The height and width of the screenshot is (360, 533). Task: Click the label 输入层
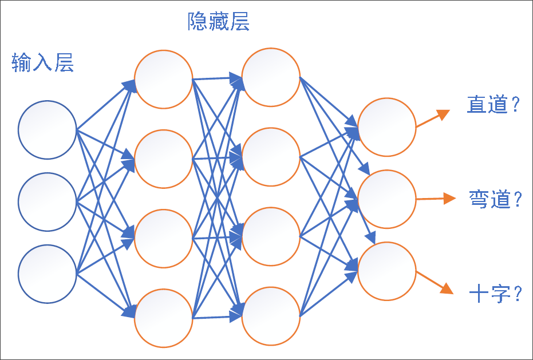[x=43, y=63]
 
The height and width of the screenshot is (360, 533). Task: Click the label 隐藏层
[x=219, y=23]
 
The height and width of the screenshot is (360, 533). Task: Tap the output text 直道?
[x=493, y=105]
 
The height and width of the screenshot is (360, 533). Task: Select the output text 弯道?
[x=495, y=199]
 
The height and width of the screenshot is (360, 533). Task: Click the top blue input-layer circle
[x=47, y=130]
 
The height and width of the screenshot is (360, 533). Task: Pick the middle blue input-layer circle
[x=47, y=202]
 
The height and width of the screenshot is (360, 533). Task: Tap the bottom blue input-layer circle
[x=47, y=274]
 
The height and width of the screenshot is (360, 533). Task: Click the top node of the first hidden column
[x=163, y=79]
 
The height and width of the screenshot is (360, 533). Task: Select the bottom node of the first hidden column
[x=163, y=318]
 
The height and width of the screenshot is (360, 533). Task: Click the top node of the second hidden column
[x=271, y=77]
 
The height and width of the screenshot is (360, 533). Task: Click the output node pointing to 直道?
[x=387, y=127]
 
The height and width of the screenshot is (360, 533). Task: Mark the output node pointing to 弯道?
[x=387, y=199]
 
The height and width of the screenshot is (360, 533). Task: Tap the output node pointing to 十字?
[x=387, y=271]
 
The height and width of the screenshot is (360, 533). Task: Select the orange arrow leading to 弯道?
[x=436, y=199]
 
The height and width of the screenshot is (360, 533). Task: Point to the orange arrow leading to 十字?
[x=435, y=282]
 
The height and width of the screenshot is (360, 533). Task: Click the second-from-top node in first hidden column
[x=163, y=159]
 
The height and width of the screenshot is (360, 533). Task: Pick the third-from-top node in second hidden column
[x=271, y=236]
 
